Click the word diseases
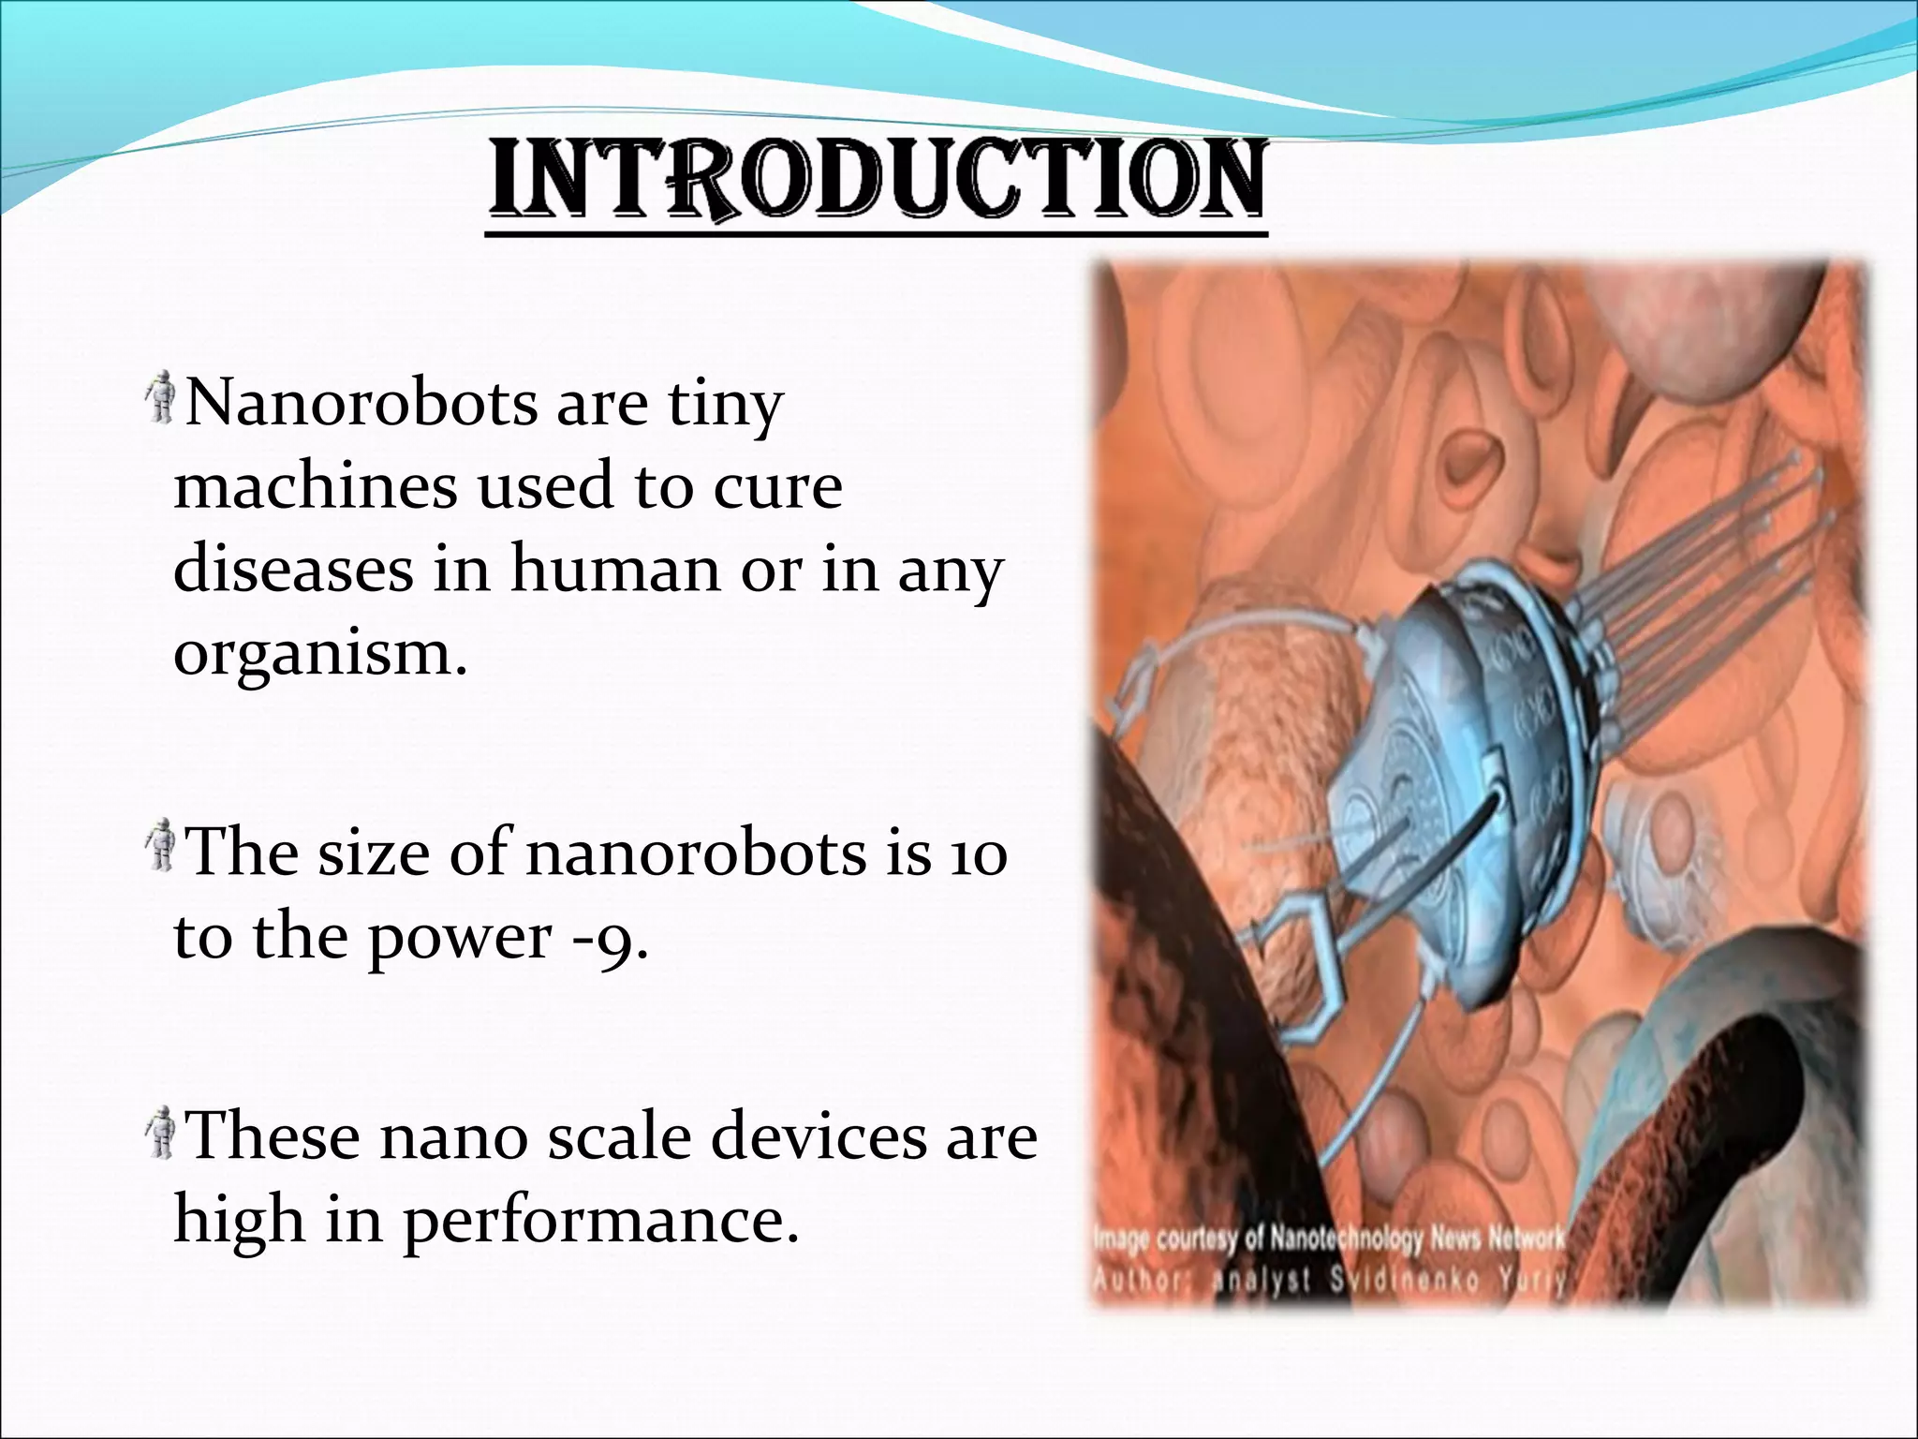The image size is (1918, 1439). (293, 571)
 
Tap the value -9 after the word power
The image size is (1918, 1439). (609, 937)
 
